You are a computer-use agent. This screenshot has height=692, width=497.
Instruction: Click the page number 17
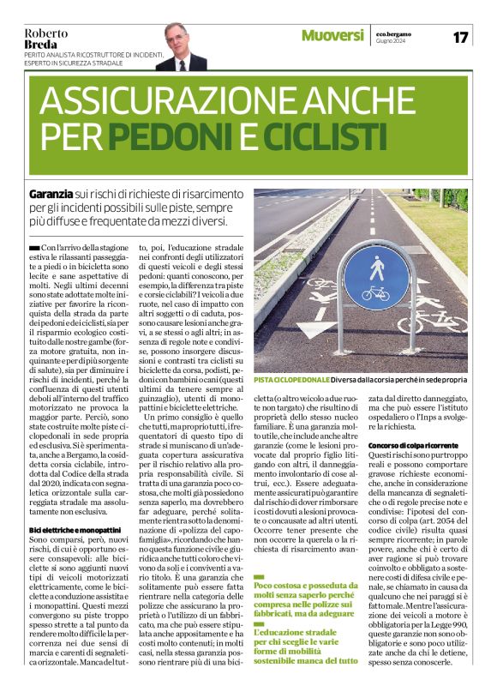(461, 37)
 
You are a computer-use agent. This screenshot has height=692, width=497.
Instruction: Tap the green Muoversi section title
(332, 36)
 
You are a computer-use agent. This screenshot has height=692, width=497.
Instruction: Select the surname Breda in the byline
(40, 44)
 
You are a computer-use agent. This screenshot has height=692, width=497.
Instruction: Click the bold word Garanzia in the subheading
(50, 196)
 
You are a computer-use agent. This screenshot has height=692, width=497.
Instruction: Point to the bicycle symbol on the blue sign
(374, 293)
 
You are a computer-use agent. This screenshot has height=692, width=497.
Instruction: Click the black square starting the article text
(33, 248)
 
